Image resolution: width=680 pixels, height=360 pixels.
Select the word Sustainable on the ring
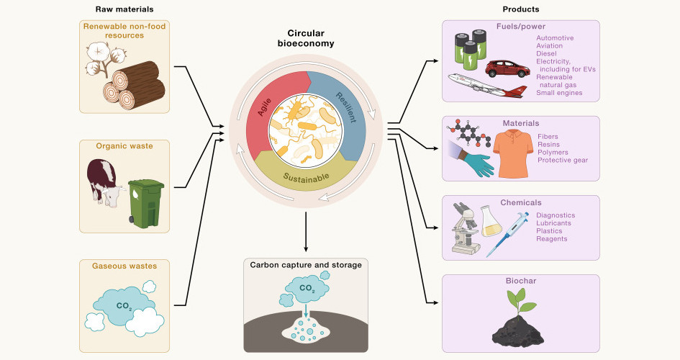(306, 176)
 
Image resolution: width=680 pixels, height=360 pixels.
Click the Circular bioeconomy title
(306, 39)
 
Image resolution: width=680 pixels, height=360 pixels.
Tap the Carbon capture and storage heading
(306, 265)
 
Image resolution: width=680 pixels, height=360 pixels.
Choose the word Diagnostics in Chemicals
(556, 215)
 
